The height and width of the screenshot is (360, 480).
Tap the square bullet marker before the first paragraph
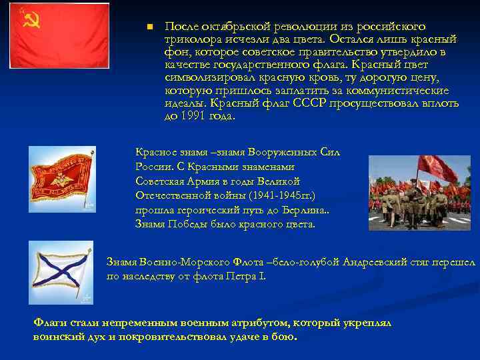[150, 27]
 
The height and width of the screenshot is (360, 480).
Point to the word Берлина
[307, 210]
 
